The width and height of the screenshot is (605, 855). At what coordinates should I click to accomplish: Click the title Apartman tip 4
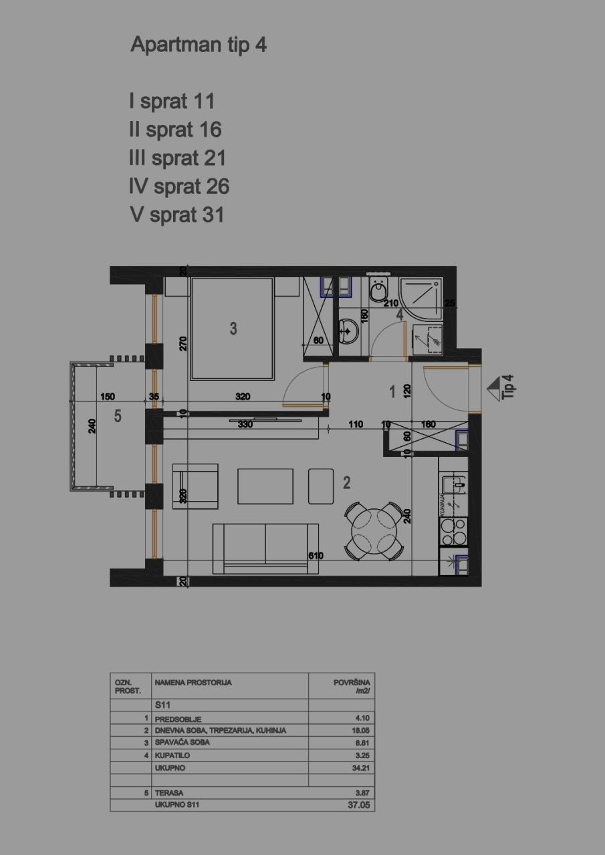tap(199, 45)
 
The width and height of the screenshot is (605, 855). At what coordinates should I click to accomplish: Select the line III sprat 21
tap(177, 158)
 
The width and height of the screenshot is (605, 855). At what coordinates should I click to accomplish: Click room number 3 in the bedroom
tap(233, 328)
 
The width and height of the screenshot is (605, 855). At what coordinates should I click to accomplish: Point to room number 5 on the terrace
tap(118, 416)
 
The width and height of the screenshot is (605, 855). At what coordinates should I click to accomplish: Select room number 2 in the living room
tap(347, 482)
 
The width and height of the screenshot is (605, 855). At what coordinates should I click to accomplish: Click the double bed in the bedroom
tap(232, 329)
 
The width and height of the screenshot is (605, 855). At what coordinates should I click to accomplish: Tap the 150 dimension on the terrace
tap(107, 396)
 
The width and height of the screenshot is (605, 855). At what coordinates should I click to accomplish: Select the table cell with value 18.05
tap(361, 731)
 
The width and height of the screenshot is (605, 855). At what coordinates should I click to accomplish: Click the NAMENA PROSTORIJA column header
tap(193, 683)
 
